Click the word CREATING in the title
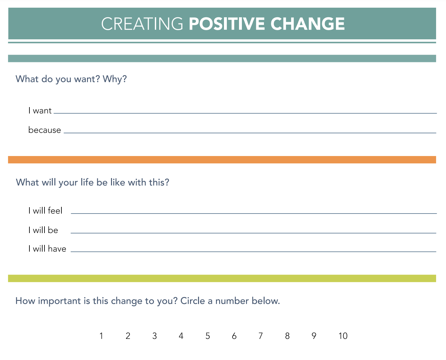pos(142,24)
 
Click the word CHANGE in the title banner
pos(307,24)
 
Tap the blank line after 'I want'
pos(245,113)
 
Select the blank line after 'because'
pos(250,133)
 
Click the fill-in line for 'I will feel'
pos(254,213)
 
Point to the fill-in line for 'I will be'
pos(253,233)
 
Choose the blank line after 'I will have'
pos(253,251)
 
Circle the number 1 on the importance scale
pos(101,336)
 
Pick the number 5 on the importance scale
pos(208,336)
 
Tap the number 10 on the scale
pos(343,336)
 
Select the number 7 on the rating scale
pos(260,336)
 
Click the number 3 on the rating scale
pos(155,336)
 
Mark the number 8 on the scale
pos(287,336)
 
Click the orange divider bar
pos(222,160)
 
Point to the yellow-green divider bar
pos(222,278)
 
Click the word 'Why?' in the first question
pos(115,79)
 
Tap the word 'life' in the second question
pos(87,182)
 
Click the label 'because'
pos(44,130)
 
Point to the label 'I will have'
pos(47,248)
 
